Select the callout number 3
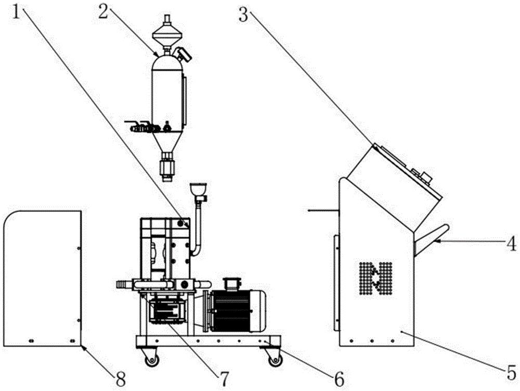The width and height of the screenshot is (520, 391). pyautogui.click(x=243, y=14)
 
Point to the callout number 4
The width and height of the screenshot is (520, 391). pyautogui.click(x=512, y=242)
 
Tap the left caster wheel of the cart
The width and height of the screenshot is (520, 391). pyautogui.click(x=151, y=359)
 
